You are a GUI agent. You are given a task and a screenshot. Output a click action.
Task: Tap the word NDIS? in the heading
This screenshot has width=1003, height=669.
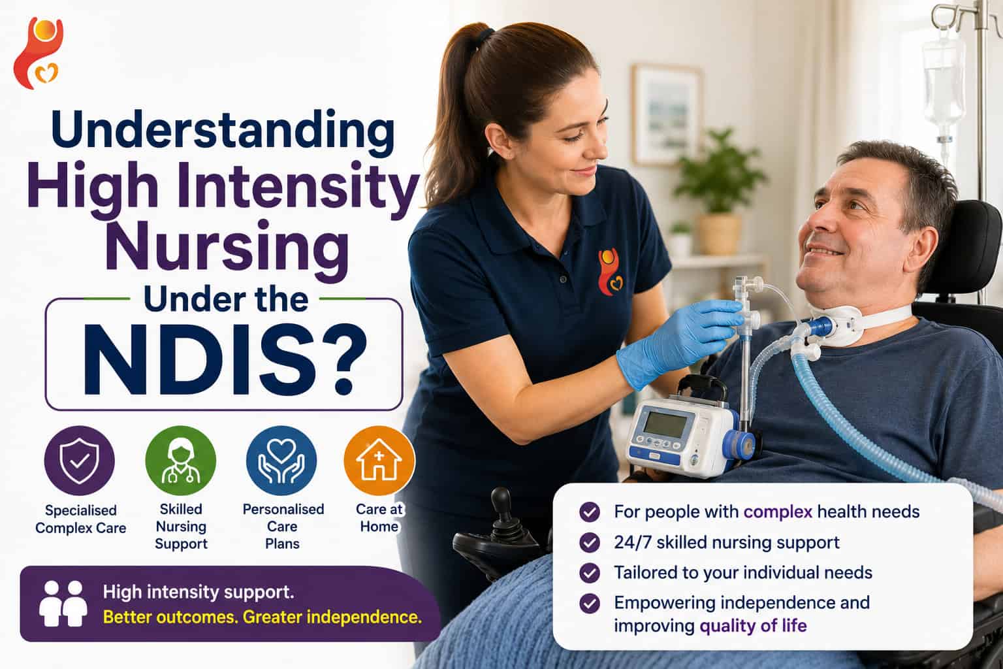225,360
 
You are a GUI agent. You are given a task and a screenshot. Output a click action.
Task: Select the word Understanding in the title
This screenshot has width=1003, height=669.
223,130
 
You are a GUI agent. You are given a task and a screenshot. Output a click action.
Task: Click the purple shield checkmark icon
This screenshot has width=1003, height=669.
79,461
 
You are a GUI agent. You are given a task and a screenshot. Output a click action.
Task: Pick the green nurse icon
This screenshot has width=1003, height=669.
181,461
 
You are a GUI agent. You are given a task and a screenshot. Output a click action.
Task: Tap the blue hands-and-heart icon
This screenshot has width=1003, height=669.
281,461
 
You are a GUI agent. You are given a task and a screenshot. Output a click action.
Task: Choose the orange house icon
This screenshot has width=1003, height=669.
379,461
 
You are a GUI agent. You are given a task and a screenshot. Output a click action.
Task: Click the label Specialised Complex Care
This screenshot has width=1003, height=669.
80,519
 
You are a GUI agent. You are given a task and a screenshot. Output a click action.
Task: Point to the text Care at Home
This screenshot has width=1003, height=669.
379,517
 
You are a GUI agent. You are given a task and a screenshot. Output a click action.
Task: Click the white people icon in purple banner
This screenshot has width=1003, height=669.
63,603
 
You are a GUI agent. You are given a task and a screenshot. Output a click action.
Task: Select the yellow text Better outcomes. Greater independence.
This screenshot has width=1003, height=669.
263,617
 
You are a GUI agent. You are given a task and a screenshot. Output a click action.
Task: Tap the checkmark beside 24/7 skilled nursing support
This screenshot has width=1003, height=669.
590,542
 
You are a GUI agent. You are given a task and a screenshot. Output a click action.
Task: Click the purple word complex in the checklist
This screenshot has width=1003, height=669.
778,512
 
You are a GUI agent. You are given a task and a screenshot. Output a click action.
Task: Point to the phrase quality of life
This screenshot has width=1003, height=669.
753,625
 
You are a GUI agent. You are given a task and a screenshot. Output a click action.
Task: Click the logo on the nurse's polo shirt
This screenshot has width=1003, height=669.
609,272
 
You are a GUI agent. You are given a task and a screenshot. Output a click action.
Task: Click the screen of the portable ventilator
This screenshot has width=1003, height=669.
665,423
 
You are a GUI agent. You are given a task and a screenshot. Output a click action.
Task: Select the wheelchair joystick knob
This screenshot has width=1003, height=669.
501,498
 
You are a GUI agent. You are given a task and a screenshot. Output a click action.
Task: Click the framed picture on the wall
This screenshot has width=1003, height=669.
666,115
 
